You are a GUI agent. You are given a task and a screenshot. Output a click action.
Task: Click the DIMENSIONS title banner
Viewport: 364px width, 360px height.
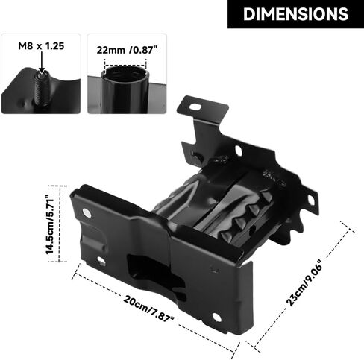tap(295, 14)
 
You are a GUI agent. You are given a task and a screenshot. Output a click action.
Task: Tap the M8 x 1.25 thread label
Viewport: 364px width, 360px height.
tap(41, 46)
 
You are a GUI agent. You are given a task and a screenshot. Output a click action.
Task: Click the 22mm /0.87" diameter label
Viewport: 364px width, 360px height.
tap(127, 50)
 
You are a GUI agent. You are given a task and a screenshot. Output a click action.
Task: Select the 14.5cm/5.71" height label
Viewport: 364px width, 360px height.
tap(50, 226)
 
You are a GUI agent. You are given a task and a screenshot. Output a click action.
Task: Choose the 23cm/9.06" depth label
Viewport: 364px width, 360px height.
tap(304, 282)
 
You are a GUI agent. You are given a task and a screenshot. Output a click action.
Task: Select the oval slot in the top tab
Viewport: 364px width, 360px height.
tap(195, 107)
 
